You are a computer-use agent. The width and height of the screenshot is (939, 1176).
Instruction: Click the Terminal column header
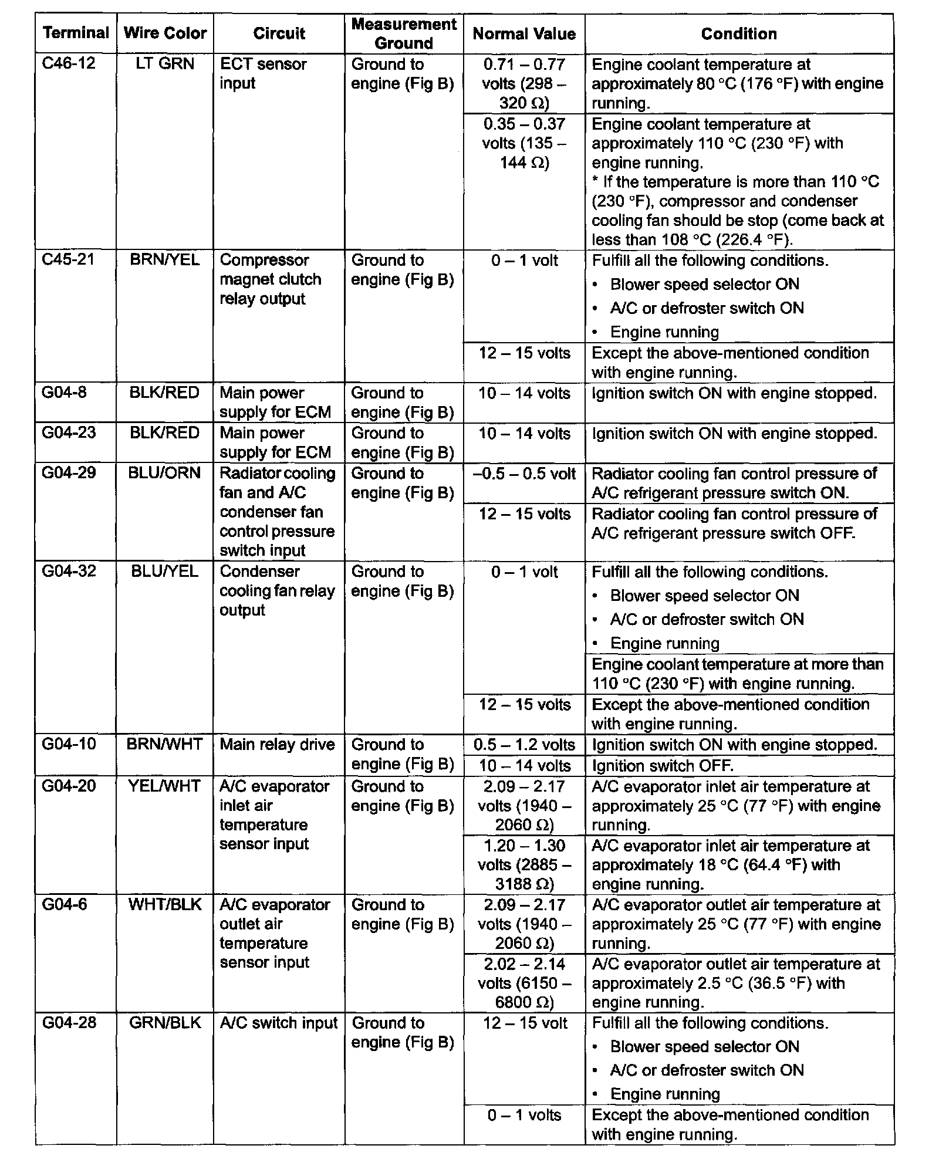76,33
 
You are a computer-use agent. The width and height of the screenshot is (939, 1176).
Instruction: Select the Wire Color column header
165,33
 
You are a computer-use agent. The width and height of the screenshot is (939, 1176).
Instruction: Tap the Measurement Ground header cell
404,33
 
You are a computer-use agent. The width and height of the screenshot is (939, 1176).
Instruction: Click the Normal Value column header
524,34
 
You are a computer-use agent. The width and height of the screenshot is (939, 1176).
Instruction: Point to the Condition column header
739,34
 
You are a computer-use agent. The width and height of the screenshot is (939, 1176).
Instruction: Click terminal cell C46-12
69,63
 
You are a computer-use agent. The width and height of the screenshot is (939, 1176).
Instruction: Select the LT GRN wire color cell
165,63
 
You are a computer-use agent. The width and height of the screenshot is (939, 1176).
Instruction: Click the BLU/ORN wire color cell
165,473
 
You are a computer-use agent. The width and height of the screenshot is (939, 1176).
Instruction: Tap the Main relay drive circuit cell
278,745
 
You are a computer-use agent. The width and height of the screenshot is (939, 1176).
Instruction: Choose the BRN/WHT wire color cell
165,745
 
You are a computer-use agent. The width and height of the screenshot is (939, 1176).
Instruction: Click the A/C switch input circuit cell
279,1023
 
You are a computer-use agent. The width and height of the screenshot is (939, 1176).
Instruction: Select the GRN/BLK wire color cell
165,1023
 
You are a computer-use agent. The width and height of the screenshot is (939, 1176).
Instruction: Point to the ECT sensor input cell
263,73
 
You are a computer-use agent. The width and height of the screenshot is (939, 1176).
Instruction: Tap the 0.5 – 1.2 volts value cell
524,745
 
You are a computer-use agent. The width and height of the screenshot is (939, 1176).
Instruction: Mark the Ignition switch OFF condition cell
663,766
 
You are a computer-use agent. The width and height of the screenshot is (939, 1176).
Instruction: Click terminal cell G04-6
65,904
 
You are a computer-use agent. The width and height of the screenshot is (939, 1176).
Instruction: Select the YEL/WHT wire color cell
165,786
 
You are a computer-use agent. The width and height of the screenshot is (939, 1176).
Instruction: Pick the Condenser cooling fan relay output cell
277,591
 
